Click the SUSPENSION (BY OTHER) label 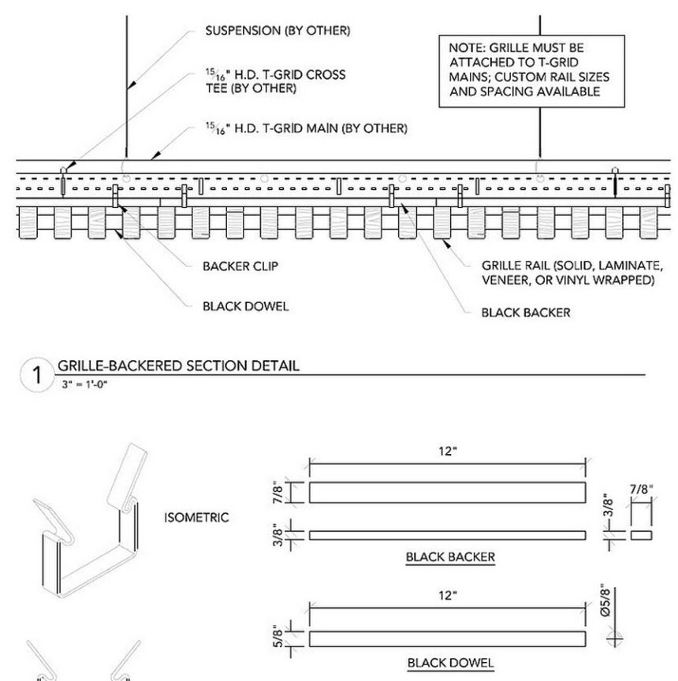click(x=278, y=32)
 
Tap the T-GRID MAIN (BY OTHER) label click(x=306, y=128)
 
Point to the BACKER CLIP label click(x=240, y=266)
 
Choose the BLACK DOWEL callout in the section click(x=245, y=306)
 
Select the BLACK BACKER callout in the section click(x=525, y=312)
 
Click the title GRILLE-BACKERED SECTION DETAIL click(x=177, y=366)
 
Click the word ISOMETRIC click(x=196, y=518)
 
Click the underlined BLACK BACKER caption click(x=450, y=557)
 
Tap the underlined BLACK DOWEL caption click(x=450, y=663)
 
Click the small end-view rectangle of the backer click(x=642, y=534)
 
